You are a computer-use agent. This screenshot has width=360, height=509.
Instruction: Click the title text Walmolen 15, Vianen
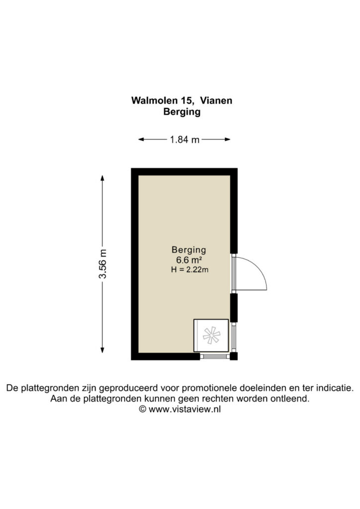pyautogui.click(x=181, y=100)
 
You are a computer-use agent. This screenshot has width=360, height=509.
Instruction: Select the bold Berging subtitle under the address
pyautogui.click(x=182, y=112)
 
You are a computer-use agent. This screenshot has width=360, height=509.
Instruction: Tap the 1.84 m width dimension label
pyautogui.click(x=184, y=140)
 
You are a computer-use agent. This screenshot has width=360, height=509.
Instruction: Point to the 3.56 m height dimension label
pyautogui.click(x=102, y=263)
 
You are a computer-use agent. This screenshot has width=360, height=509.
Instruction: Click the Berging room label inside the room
pyautogui.click(x=189, y=250)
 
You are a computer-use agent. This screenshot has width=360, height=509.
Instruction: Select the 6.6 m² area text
pyautogui.click(x=189, y=260)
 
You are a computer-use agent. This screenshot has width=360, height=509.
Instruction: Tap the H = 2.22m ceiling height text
pyautogui.click(x=189, y=269)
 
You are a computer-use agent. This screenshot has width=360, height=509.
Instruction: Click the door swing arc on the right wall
pyautogui.click(x=259, y=268)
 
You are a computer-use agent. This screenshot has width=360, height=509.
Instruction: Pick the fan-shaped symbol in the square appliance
pyautogui.click(x=211, y=336)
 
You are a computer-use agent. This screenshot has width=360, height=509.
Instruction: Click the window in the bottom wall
pyautogui.click(x=215, y=356)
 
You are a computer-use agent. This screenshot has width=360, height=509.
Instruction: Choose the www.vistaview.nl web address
pyautogui.click(x=184, y=410)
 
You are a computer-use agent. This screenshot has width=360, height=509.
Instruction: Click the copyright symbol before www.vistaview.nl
pyautogui.click(x=143, y=409)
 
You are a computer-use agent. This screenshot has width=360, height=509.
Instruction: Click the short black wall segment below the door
pyautogui.click(x=234, y=308)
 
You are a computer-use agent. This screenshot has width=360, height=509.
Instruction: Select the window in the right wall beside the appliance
pyautogui.click(x=234, y=338)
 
